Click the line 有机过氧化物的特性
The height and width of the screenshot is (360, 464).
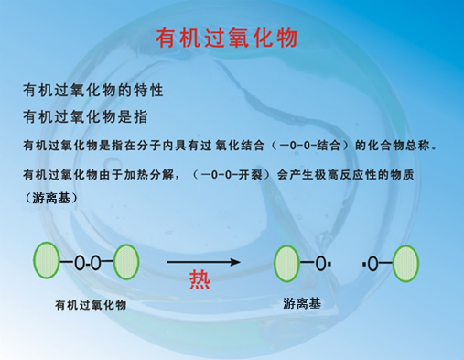pyautogui.click(x=93, y=92)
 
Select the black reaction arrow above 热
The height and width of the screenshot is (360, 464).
pyautogui.click(x=203, y=263)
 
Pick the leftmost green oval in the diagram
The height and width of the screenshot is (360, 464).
pyautogui.click(x=49, y=263)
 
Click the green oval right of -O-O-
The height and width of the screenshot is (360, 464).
pyautogui.click(x=127, y=263)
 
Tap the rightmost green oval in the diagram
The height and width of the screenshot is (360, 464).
pyautogui.click(x=406, y=264)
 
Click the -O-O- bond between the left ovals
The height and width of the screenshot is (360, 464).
pyautogui.click(x=88, y=264)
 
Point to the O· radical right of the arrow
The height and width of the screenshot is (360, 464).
pyautogui.click(x=322, y=264)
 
